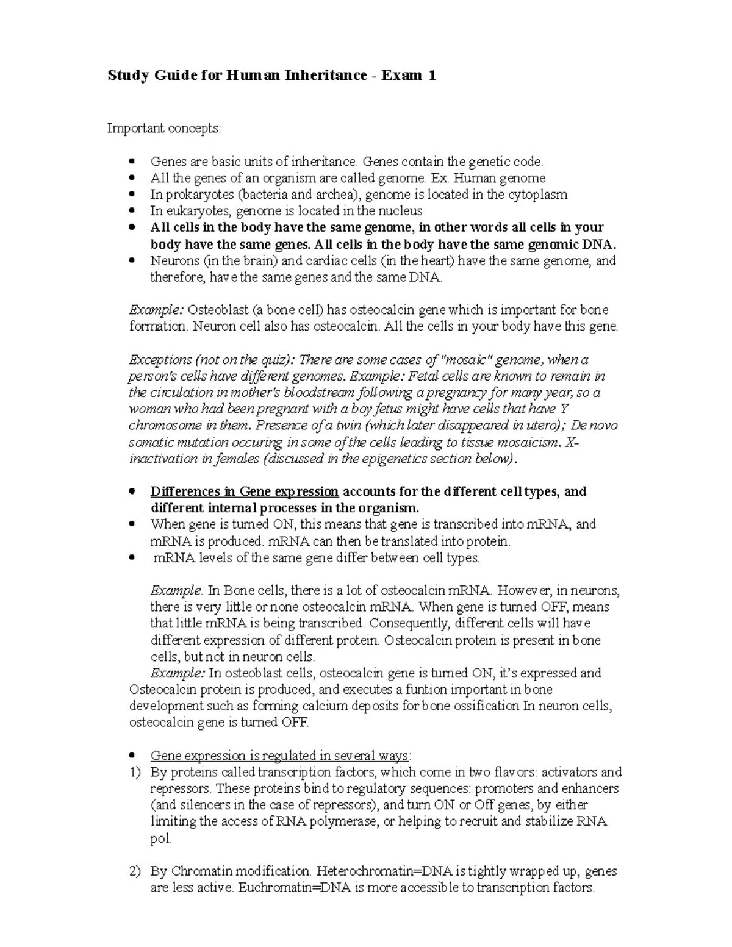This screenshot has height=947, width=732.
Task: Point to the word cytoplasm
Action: [x=539, y=195]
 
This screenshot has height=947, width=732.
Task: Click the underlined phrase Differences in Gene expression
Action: [x=244, y=491]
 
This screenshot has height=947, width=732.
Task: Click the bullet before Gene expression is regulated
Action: [x=133, y=756]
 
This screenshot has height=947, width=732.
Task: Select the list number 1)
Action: [x=135, y=773]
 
